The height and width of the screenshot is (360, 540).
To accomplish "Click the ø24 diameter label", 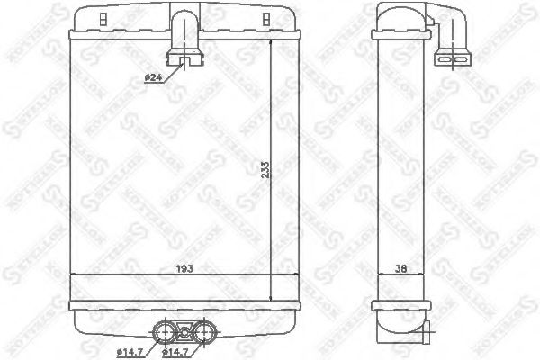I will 153,77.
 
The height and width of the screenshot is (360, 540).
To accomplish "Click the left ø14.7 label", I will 129,350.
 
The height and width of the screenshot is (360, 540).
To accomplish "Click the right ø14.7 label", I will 175,350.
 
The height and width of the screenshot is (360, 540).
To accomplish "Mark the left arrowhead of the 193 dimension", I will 75,274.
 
